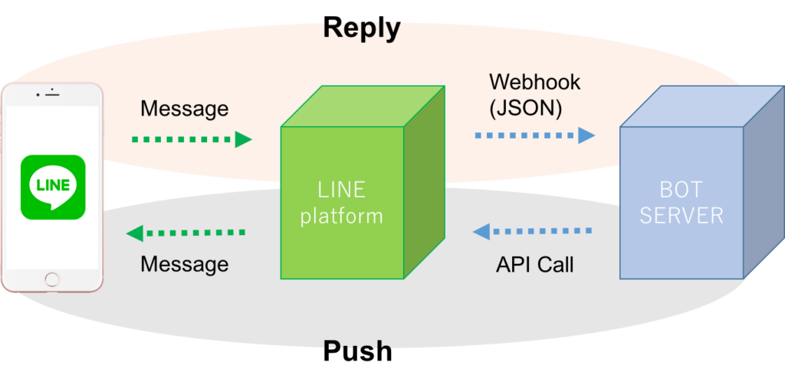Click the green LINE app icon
(x=52, y=187)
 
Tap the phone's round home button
(x=51, y=279)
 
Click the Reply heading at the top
(x=361, y=28)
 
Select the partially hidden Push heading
(x=357, y=346)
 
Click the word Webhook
(x=535, y=81)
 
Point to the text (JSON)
(x=525, y=108)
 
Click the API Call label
(x=534, y=265)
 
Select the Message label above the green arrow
(x=184, y=109)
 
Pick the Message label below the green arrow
(x=184, y=265)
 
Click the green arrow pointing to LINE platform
(x=192, y=139)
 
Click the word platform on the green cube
(x=341, y=217)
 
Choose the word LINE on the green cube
(x=341, y=189)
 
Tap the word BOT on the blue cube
(x=681, y=189)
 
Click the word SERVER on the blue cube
(x=681, y=216)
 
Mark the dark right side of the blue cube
(x=763, y=191)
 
